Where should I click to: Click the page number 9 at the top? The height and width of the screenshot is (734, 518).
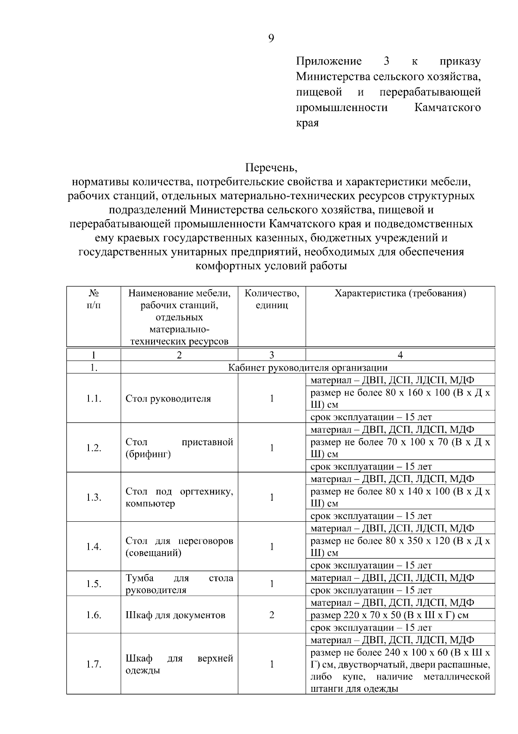click(271, 38)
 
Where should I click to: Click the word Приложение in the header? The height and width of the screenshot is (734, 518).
click(328, 61)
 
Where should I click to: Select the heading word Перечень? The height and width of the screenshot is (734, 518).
click(272, 167)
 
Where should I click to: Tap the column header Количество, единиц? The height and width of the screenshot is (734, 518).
click(272, 300)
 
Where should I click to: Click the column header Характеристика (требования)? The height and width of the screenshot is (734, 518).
click(400, 294)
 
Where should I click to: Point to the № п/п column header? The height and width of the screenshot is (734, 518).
click(94, 300)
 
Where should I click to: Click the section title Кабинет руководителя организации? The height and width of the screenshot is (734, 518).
click(307, 368)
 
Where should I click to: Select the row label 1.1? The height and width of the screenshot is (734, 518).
click(94, 399)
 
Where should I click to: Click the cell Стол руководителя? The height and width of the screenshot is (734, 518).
click(168, 399)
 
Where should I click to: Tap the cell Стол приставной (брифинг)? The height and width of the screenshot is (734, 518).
click(179, 448)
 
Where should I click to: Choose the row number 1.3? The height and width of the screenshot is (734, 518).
click(94, 497)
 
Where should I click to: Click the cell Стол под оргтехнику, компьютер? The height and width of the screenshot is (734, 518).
click(179, 497)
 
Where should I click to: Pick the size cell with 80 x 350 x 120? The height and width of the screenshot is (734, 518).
click(400, 546)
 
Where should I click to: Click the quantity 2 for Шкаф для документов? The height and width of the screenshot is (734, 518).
click(272, 615)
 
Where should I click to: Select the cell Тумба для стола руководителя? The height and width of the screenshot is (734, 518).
click(179, 584)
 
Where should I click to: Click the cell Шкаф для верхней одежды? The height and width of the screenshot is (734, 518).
click(179, 664)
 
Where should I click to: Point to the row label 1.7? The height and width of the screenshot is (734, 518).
click(94, 664)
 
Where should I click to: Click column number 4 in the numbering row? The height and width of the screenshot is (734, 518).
click(400, 355)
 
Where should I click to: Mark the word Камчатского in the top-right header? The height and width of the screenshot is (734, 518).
click(447, 108)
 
